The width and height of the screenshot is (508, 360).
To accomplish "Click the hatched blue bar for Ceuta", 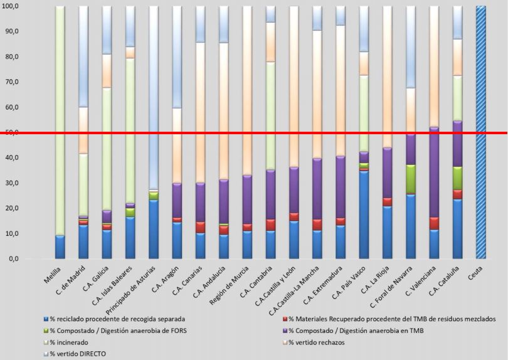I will (481, 132).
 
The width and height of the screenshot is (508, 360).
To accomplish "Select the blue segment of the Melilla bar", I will (60, 246).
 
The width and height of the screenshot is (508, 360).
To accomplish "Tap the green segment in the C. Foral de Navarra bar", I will (410, 179).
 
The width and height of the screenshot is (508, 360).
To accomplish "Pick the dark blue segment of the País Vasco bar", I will (364, 214).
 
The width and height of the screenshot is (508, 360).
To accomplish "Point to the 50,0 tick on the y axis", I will (11, 132).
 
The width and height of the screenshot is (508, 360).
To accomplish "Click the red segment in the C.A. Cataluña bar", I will (457, 194).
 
